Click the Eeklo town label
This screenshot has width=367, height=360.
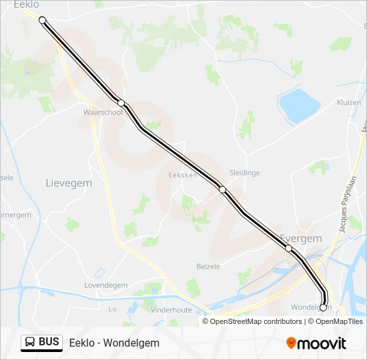[x=26, y=5]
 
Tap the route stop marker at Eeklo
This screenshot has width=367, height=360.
[x=43, y=20]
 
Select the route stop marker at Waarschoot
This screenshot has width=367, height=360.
[x=121, y=103]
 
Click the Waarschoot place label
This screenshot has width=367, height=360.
[x=103, y=113]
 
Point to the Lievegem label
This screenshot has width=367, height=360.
[x=68, y=182]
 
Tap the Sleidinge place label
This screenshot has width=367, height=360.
[x=244, y=172]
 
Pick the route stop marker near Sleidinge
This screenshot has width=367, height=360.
[x=222, y=189]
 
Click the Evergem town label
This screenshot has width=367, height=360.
[x=300, y=238]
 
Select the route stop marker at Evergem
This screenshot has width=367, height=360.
[x=288, y=248]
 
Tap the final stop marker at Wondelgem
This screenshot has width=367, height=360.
[x=323, y=307]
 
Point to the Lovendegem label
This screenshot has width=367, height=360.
[x=105, y=285]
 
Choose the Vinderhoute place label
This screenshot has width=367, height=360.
[x=171, y=310]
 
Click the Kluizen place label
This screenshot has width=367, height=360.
[x=349, y=103]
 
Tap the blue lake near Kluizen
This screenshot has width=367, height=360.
[x=300, y=104]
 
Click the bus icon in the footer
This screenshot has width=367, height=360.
[x=30, y=343]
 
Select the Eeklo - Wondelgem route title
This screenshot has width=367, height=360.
[x=114, y=343]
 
